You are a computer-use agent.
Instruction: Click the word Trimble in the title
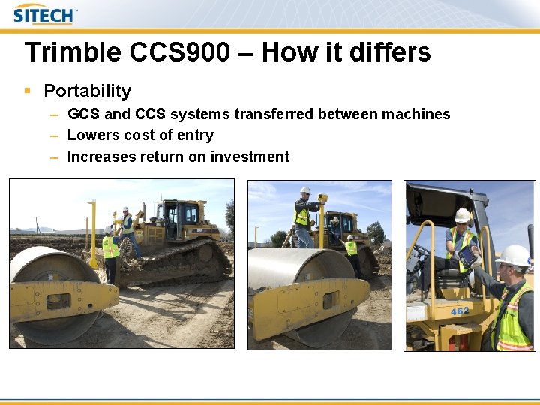point(72,52)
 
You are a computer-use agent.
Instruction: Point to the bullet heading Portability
point(87,91)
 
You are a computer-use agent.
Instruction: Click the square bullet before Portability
point(28,91)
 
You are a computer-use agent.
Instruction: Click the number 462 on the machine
point(460,310)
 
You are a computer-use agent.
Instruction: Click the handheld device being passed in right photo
point(466,257)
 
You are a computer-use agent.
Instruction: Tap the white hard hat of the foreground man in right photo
point(514,255)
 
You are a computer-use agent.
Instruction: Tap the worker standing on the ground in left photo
point(111,253)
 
